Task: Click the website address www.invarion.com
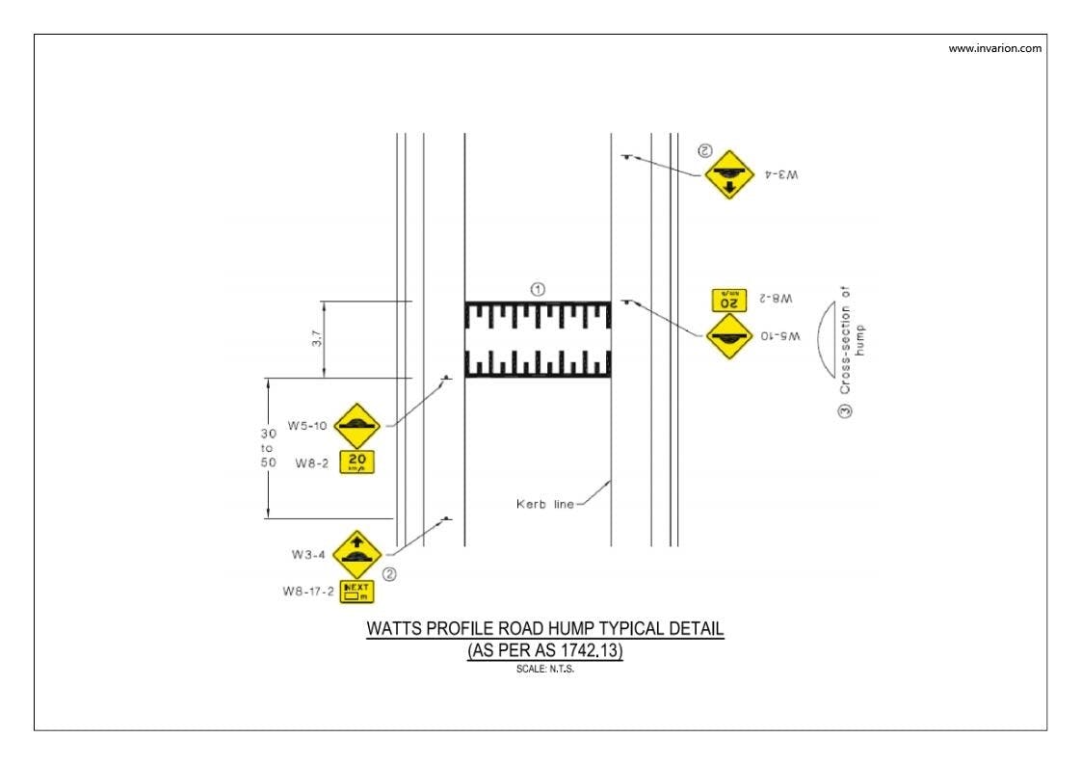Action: click(x=995, y=49)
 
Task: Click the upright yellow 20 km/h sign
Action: click(x=357, y=462)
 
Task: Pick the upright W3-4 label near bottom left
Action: click(x=307, y=554)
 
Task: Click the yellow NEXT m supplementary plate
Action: click(x=356, y=591)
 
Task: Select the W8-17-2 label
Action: click(x=308, y=592)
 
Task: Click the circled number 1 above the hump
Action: click(x=539, y=288)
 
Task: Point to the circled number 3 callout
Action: click(x=845, y=411)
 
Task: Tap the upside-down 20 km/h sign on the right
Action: click(x=728, y=300)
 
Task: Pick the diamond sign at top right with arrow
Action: click(x=728, y=174)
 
